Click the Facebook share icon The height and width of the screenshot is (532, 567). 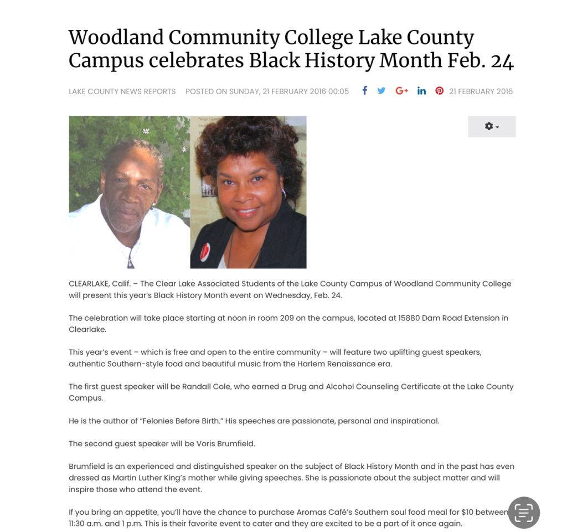[365, 91]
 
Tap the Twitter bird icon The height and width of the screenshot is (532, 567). [382, 91]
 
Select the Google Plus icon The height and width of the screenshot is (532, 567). [401, 91]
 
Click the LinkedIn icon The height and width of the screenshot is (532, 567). [421, 91]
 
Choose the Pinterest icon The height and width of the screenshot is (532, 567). [439, 91]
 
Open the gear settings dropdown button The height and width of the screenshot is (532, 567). [492, 126]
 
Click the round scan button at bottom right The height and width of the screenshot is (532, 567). [524, 513]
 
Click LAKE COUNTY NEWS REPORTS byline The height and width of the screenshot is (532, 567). [122, 91]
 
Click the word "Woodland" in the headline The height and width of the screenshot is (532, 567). [116, 38]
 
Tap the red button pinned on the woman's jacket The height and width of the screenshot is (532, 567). [204, 253]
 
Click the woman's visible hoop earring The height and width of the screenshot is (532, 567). [284, 194]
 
